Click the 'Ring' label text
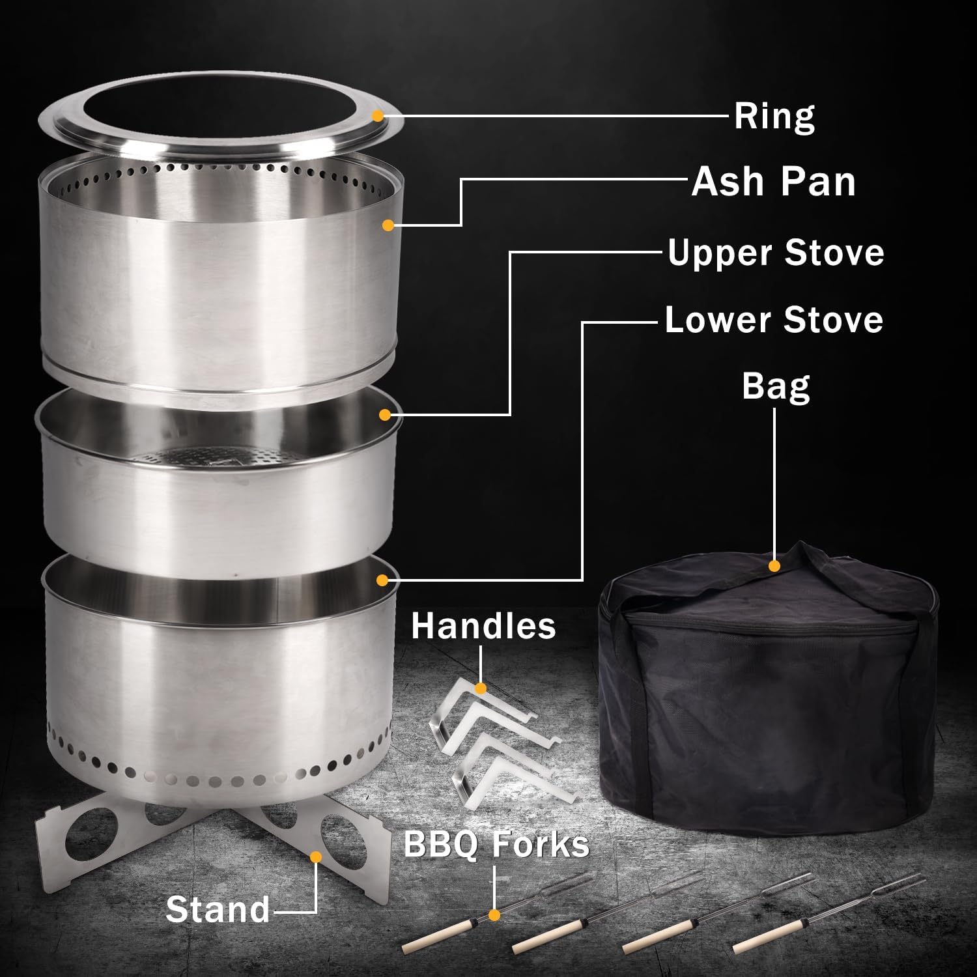pyautogui.click(x=774, y=116)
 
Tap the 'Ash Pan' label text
pyautogui.click(x=773, y=181)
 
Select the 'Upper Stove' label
pyautogui.click(x=775, y=253)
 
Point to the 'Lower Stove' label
pyautogui.click(x=774, y=320)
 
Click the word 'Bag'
pyautogui.click(x=775, y=386)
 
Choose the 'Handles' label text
pyautogui.click(x=483, y=625)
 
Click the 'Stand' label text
pyautogui.click(x=218, y=909)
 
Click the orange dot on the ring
pyautogui.click(x=377, y=116)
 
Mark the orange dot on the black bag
pyautogui.click(x=774, y=566)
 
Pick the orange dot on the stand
pyautogui.click(x=316, y=857)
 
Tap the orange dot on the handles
pyautogui.click(x=481, y=688)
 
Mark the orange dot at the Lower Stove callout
pyautogui.click(x=383, y=580)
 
